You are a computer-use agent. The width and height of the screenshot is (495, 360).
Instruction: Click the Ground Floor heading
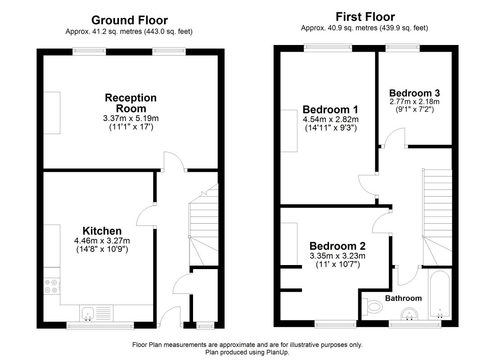pos(130,20)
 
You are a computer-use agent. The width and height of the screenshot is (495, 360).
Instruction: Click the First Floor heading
pos(365,17)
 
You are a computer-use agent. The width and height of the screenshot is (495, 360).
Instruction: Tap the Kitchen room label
pos(102,230)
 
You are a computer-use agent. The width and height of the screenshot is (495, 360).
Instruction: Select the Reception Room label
pos(130,103)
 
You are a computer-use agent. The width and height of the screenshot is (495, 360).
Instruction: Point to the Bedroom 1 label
pos(330,110)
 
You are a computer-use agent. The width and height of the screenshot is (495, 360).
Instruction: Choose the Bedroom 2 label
pos(337,246)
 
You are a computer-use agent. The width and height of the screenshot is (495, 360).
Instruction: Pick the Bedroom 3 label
pos(414,93)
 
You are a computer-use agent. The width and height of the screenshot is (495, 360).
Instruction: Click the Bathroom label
pos(404,298)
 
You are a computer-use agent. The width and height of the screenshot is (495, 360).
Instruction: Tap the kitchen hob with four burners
pos(51,286)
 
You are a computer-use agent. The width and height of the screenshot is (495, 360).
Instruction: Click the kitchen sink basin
pos(88,314)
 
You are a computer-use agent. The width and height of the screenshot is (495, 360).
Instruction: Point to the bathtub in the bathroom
pos(440,294)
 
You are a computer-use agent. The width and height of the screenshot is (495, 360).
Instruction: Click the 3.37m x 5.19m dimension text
pos(130,118)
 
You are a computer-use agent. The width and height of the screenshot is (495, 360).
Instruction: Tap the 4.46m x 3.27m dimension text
pos(102,241)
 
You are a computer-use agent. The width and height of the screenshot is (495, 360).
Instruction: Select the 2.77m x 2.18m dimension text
pos(414,102)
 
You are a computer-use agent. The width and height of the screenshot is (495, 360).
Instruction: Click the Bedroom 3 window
pos(402,48)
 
